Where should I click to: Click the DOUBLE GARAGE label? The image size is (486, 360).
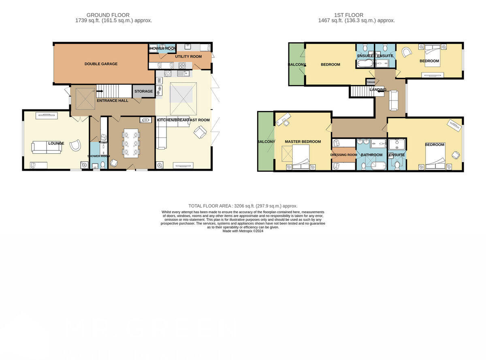point(101,64)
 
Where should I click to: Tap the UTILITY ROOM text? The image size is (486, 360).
point(188,57)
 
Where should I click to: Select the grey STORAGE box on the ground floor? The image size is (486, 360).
point(144,92)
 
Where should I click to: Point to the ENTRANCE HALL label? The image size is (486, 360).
point(112,101)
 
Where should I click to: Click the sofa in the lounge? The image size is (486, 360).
point(47,147)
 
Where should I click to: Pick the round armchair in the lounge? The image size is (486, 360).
point(75,145)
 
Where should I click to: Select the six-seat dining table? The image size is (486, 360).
point(131,143)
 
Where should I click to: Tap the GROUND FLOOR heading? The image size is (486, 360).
point(108,15)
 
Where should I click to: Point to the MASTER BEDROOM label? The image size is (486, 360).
point(303,142)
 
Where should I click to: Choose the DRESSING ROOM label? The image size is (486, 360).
point(343,155)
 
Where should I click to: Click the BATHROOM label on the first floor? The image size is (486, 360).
point(371,155)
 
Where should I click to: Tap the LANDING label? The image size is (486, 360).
point(377,90)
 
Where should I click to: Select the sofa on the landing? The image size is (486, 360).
point(394,101)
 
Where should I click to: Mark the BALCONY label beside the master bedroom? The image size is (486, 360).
point(266,142)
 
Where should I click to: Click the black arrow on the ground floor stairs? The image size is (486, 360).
point(99,91)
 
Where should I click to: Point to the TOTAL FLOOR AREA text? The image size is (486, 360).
point(243,206)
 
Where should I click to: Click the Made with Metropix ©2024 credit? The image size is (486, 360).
point(243,231)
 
